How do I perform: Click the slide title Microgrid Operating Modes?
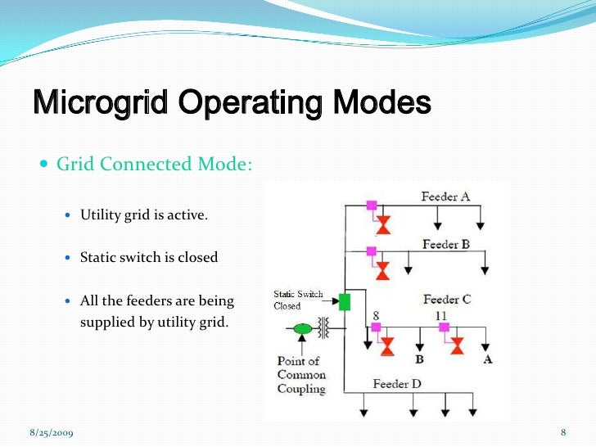(232, 104)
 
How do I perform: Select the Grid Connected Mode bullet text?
(154, 164)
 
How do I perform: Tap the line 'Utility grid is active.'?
(144, 216)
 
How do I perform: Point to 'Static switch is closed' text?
(149, 257)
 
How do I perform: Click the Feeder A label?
(445, 196)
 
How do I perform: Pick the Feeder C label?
(447, 300)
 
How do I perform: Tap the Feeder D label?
(397, 383)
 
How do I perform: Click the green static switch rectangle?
(345, 301)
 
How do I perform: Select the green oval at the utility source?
(303, 329)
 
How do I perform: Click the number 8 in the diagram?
(375, 315)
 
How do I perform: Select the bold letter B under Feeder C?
(419, 359)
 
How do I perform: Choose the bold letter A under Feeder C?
(488, 359)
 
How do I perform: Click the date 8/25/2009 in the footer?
(51, 431)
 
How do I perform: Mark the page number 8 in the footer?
(563, 431)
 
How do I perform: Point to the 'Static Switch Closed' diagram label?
(297, 300)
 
